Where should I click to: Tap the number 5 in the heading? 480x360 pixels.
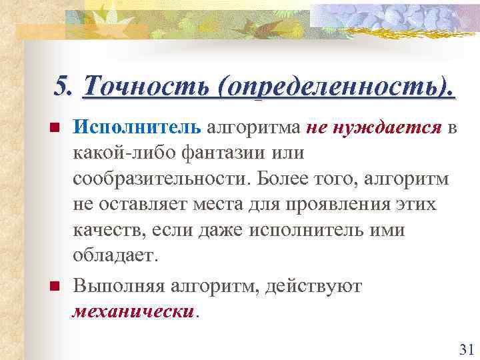(x=62, y=87)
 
